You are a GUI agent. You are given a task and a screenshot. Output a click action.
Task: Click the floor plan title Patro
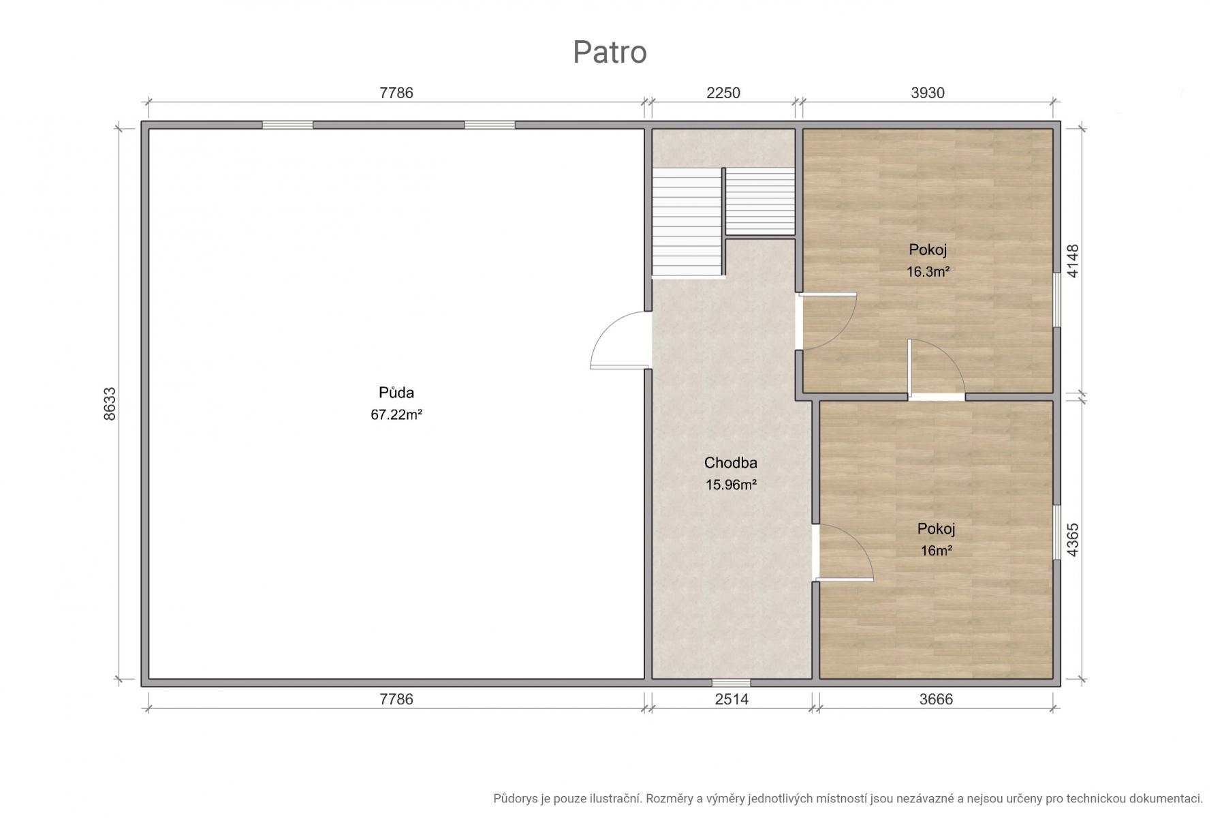[610, 52]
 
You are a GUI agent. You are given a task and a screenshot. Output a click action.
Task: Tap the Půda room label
[396, 393]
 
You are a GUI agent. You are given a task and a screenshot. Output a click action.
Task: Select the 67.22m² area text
[396, 414]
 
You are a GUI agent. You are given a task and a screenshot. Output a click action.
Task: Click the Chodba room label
[731, 463]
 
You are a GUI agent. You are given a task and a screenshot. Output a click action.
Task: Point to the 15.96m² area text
[731, 485]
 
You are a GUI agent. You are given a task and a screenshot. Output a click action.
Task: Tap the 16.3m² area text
[928, 271]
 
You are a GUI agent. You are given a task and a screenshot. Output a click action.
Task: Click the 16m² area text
[937, 551]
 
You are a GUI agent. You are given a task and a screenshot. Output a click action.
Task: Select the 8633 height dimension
[110, 404]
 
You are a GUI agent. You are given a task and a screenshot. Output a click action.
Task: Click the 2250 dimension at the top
[723, 93]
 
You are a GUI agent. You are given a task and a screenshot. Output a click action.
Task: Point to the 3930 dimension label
[928, 93]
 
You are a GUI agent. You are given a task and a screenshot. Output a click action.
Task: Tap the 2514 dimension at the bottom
[732, 699]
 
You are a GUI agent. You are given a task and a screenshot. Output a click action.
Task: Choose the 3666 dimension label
[936, 699]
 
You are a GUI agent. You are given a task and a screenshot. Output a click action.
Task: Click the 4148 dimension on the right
[1073, 261]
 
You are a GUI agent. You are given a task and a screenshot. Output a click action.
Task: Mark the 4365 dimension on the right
[1073, 540]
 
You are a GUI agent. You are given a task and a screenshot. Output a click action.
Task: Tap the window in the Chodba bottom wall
[732, 682]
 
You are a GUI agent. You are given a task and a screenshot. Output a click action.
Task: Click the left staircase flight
[687, 222]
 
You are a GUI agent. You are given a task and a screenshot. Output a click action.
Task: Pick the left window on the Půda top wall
[287, 125]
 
